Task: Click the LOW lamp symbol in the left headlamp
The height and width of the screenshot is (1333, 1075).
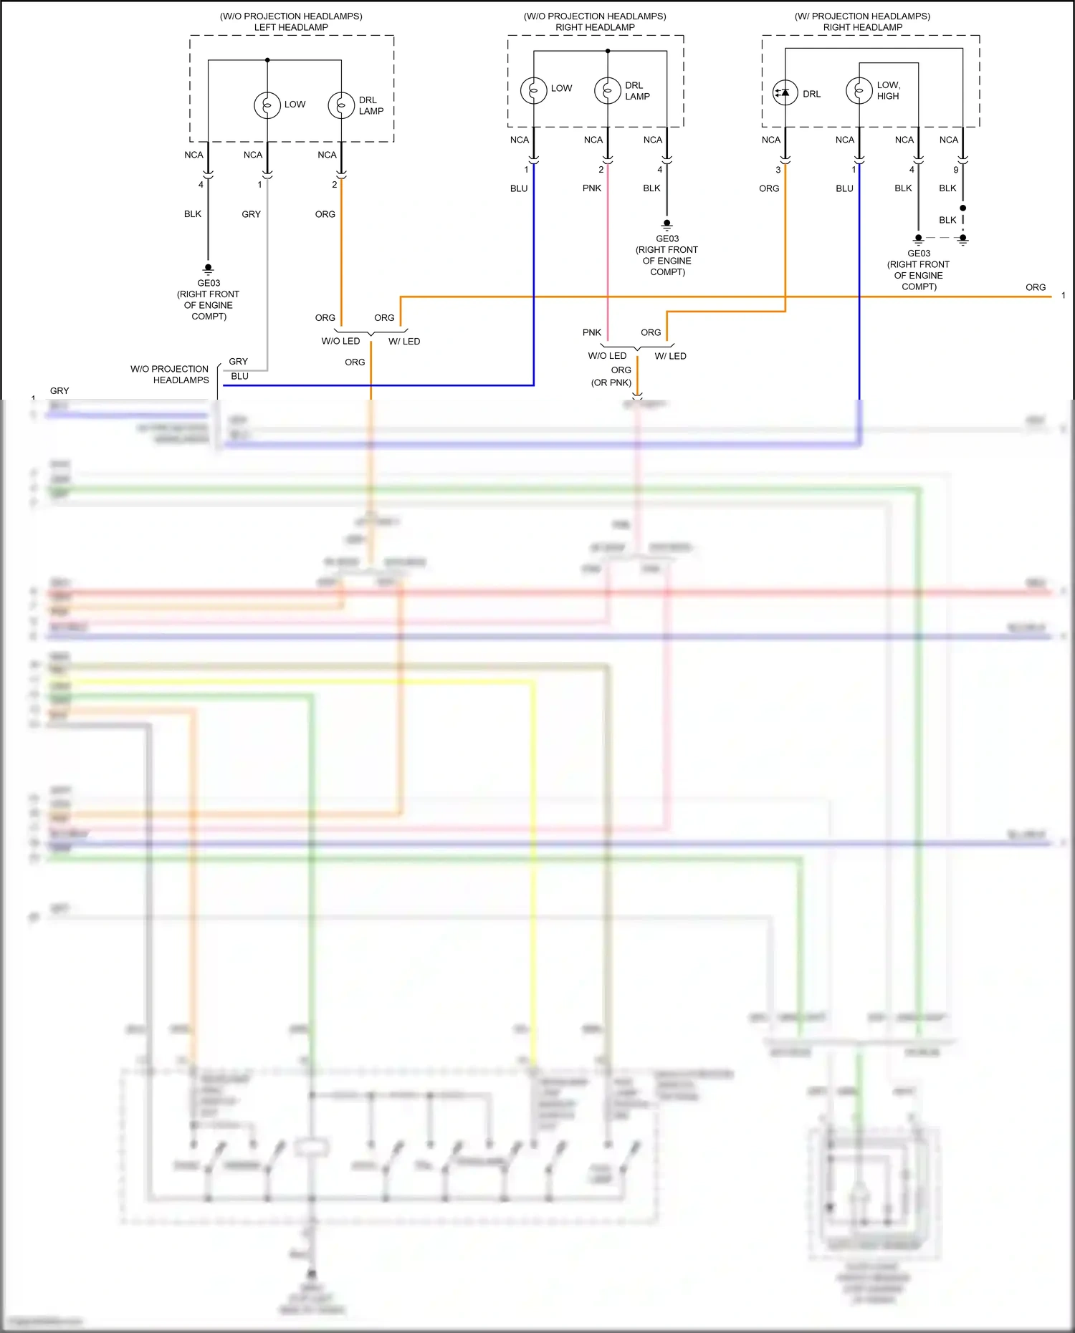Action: (x=267, y=105)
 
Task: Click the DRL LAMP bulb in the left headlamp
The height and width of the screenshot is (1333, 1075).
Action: (x=341, y=105)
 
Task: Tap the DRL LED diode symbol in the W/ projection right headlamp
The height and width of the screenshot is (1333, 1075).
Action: (x=785, y=92)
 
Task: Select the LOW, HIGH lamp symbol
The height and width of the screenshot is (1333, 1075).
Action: (x=859, y=91)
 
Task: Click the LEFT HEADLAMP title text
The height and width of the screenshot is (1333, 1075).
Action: (x=291, y=27)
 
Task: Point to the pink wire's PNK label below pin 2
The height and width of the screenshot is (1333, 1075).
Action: (x=592, y=188)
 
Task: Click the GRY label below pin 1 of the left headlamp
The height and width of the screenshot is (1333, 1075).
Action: (x=251, y=214)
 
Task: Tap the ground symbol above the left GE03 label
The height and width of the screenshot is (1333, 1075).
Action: (x=209, y=269)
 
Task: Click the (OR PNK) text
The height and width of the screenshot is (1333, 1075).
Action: (x=611, y=382)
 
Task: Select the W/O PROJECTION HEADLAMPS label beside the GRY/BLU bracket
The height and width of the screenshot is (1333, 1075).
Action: (x=171, y=375)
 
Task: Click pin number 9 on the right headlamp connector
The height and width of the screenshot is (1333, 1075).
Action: (x=955, y=170)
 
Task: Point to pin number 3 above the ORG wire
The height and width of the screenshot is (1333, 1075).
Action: (x=778, y=170)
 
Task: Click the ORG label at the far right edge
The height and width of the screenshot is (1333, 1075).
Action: (x=1036, y=287)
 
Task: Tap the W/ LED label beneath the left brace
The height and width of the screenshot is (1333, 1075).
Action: (x=404, y=342)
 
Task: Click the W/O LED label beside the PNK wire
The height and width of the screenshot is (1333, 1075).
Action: (x=607, y=356)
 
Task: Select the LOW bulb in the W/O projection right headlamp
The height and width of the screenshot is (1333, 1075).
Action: (x=533, y=90)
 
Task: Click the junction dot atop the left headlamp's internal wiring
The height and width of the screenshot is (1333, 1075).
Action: (x=267, y=60)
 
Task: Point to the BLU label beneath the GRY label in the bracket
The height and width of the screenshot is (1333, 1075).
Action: (x=239, y=376)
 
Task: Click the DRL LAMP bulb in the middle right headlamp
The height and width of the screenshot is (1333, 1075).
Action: (x=607, y=90)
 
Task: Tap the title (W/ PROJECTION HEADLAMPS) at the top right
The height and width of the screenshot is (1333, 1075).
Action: (x=862, y=16)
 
